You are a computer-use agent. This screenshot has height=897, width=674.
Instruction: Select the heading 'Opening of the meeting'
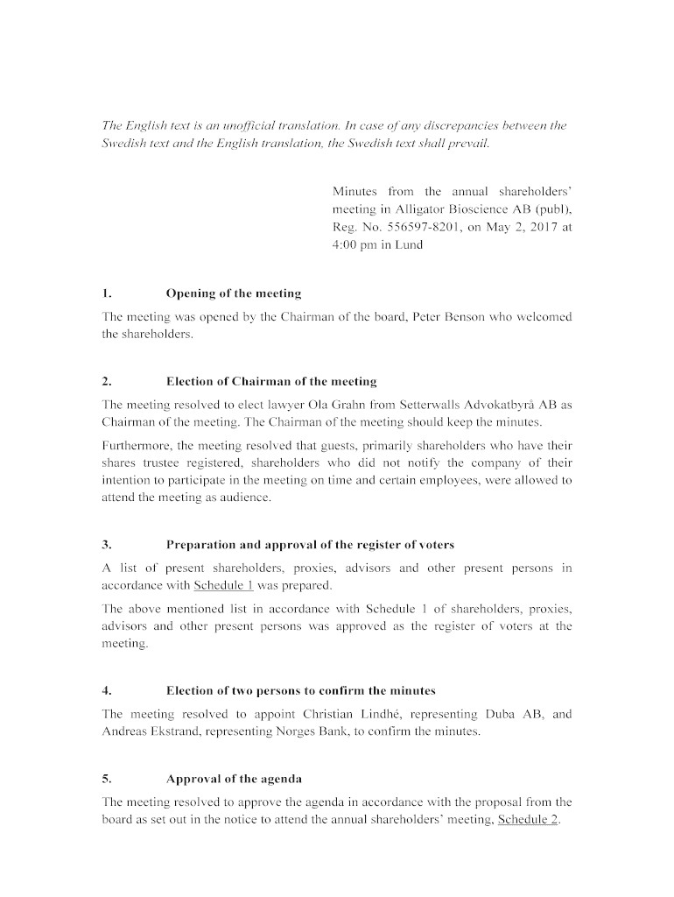[x=233, y=293]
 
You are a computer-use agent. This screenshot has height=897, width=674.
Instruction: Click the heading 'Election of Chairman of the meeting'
[x=271, y=381]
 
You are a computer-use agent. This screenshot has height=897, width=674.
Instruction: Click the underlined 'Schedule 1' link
[x=223, y=585]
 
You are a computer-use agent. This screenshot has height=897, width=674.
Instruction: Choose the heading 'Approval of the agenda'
[x=234, y=779]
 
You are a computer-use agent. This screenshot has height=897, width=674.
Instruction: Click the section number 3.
[x=107, y=545]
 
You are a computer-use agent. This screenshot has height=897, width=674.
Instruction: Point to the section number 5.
[x=107, y=779]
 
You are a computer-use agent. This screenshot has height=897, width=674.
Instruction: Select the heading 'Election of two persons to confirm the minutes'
[x=300, y=691]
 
